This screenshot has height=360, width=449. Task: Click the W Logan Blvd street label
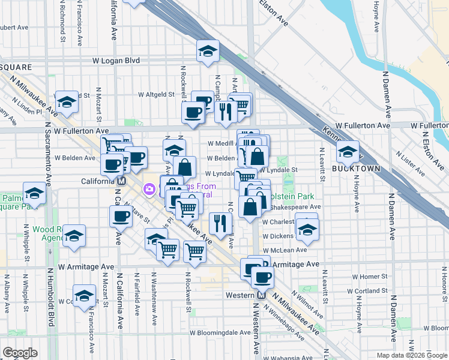(116, 61)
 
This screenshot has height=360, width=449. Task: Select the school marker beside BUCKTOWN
(348, 152)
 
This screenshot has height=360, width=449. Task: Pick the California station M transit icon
(121, 181)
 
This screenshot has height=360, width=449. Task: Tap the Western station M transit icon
(261, 295)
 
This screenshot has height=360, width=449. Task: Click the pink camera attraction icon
(148, 190)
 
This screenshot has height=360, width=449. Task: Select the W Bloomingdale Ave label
(220, 332)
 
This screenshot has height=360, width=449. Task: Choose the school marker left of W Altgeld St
(67, 102)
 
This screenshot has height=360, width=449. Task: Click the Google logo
(20, 352)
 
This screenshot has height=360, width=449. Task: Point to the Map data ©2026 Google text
(412, 355)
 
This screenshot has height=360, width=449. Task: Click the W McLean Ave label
(285, 250)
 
